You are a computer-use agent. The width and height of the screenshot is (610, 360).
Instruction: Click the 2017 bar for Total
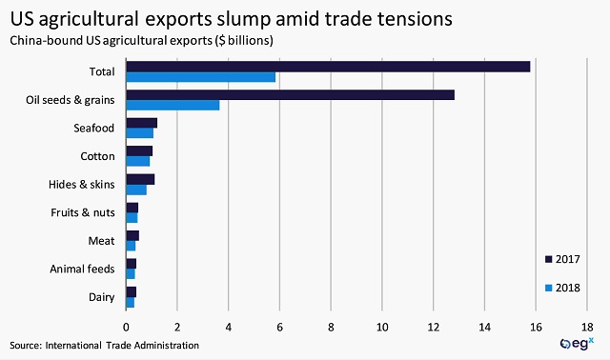[x=328, y=66]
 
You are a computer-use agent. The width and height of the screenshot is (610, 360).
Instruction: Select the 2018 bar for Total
[x=201, y=77]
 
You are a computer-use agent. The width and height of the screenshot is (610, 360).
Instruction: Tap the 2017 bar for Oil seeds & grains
[x=290, y=94]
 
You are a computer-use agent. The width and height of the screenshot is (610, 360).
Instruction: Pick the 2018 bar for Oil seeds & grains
[x=173, y=106]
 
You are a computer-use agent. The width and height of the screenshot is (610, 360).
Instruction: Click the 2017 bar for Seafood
[x=141, y=123]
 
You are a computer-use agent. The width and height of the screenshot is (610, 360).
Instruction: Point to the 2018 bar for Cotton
[x=138, y=161]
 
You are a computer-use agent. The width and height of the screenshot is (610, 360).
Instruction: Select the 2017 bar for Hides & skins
[x=140, y=179]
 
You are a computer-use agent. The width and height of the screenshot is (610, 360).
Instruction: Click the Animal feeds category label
[x=83, y=270]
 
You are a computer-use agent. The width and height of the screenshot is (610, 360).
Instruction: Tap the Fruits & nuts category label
[x=83, y=212]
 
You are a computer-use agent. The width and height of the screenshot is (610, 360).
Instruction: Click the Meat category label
[x=102, y=241]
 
